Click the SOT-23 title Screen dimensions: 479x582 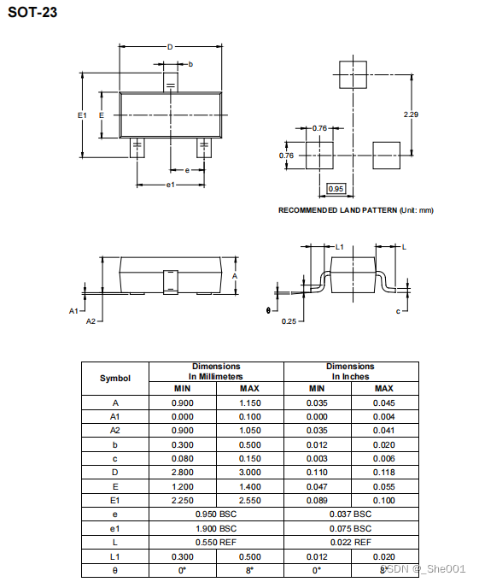[32, 12]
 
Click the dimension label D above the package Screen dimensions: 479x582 [170, 47]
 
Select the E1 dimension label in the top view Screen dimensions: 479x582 [82, 115]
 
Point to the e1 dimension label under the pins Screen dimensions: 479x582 [170, 185]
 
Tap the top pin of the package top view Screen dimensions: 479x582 [171, 82]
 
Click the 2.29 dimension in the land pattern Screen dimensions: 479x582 [411, 115]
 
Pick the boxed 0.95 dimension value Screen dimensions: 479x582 [336, 189]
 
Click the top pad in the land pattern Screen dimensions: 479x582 [353, 74]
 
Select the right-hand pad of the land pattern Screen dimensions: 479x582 [386, 156]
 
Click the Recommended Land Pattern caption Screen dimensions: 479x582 [356, 210]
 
